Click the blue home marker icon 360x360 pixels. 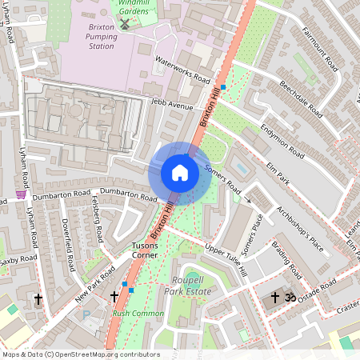click(x=180, y=173)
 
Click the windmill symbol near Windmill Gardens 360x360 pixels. click(x=124, y=24)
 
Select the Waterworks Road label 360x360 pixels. click(x=182, y=70)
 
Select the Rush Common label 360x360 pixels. click(x=132, y=314)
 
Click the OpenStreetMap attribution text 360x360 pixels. click(x=80, y=354)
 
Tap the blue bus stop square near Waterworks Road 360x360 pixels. click(x=223, y=86)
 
